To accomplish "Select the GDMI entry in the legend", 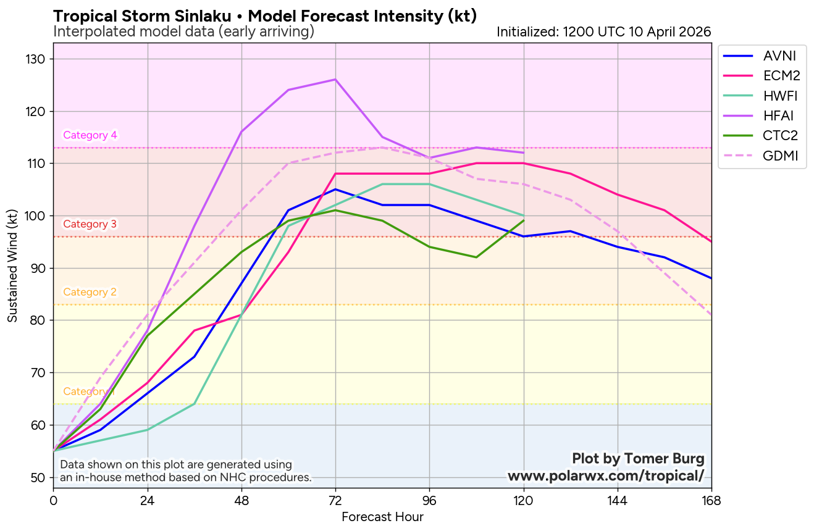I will pos(780,156).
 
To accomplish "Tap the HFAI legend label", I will pos(778,115).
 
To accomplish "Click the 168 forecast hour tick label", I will pos(711,500).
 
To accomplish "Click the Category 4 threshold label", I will pos(90,135).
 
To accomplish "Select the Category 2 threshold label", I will pos(90,292).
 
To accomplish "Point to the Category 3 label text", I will pos(90,224).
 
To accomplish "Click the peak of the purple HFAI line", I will pos(335,79).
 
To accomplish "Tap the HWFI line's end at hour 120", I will pos(524,215).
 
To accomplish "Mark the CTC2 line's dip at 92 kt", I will pos(476,257).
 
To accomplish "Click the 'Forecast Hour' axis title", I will pos(382,517).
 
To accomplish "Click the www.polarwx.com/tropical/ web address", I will pos(605,476).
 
